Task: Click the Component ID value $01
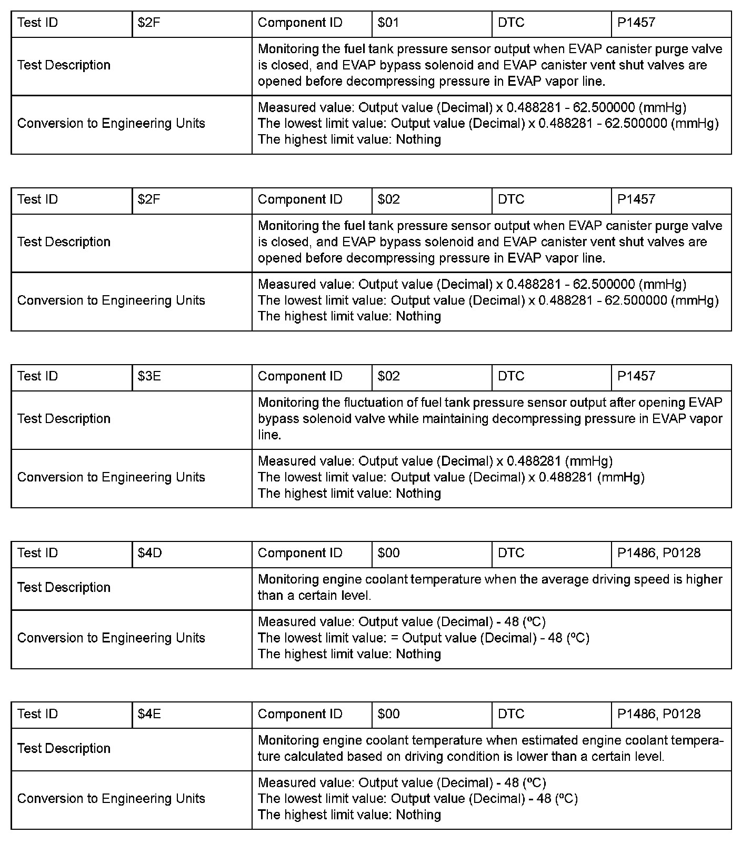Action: pos(388,23)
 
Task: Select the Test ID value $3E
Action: pos(149,376)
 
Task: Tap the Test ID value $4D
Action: pos(149,553)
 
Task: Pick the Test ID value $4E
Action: pos(149,714)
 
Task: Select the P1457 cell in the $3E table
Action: pos(636,376)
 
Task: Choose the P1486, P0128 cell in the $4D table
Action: pos(659,553)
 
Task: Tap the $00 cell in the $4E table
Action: pos(388,714)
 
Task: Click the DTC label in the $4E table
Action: pos(511,714)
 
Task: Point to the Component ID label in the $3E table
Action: pos(300,376)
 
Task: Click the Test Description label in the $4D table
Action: pos(64,587)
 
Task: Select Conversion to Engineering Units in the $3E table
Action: pos(111,477)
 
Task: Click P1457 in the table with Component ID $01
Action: pos(636,23)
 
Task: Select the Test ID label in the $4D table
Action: pos(37,553)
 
